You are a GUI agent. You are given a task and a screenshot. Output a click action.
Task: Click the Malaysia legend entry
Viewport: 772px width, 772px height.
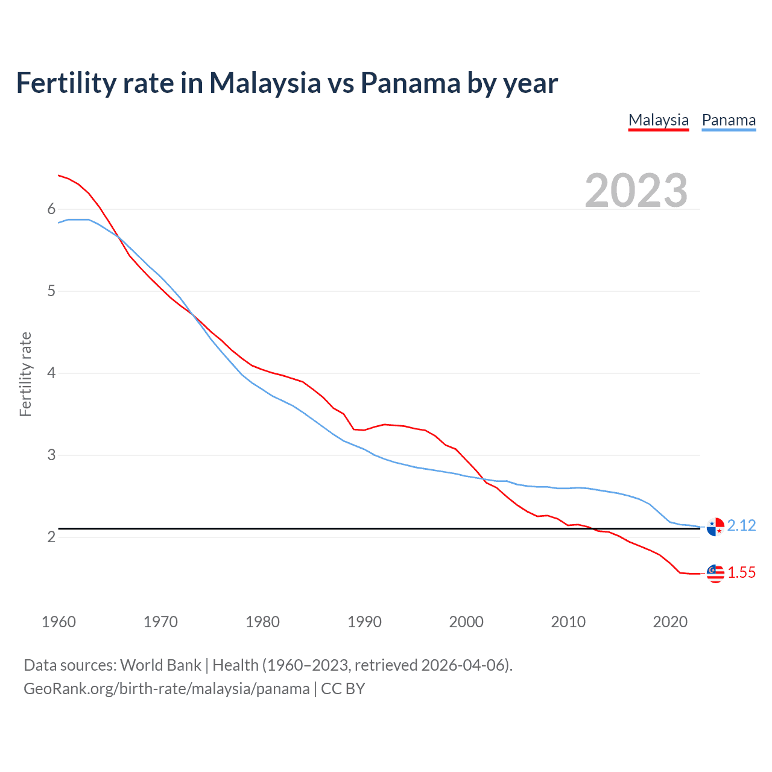658,120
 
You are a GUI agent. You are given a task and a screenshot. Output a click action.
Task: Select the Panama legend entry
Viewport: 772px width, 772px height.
729,120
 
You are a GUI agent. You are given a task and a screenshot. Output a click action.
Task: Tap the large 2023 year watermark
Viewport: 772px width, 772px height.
636,191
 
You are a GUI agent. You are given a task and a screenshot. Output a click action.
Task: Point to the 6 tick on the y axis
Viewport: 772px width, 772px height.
51,209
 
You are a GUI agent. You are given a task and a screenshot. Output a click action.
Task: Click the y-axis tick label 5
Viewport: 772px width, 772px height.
51,291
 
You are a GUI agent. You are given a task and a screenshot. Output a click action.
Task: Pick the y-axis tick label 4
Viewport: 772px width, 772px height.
51,373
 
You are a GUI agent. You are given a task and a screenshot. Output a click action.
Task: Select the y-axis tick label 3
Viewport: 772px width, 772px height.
51,455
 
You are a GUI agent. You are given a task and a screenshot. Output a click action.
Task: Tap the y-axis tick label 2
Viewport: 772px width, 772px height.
51,537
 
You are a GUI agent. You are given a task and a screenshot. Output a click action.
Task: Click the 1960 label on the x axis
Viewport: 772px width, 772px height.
59,622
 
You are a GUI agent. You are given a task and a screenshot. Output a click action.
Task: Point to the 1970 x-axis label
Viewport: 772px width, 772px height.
160,622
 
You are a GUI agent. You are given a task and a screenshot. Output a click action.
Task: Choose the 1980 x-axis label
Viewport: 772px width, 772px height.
262,622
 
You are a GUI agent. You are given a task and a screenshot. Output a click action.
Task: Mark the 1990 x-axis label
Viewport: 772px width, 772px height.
364,622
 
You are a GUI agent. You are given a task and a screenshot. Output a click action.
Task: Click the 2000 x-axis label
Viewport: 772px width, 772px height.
466,622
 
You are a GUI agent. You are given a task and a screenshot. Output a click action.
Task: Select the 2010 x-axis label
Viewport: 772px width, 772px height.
568,622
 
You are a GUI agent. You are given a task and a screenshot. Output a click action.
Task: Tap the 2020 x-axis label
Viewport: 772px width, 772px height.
670,622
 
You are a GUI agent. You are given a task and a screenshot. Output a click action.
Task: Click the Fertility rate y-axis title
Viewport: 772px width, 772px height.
25,374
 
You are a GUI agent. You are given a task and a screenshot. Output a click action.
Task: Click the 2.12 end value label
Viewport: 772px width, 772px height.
741,526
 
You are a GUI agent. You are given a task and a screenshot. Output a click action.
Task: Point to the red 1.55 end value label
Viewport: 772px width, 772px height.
741,573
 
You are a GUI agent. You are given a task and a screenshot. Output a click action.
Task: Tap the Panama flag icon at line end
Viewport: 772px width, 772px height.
715,527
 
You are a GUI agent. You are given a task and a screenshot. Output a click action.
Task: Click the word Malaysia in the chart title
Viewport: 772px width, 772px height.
265,83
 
